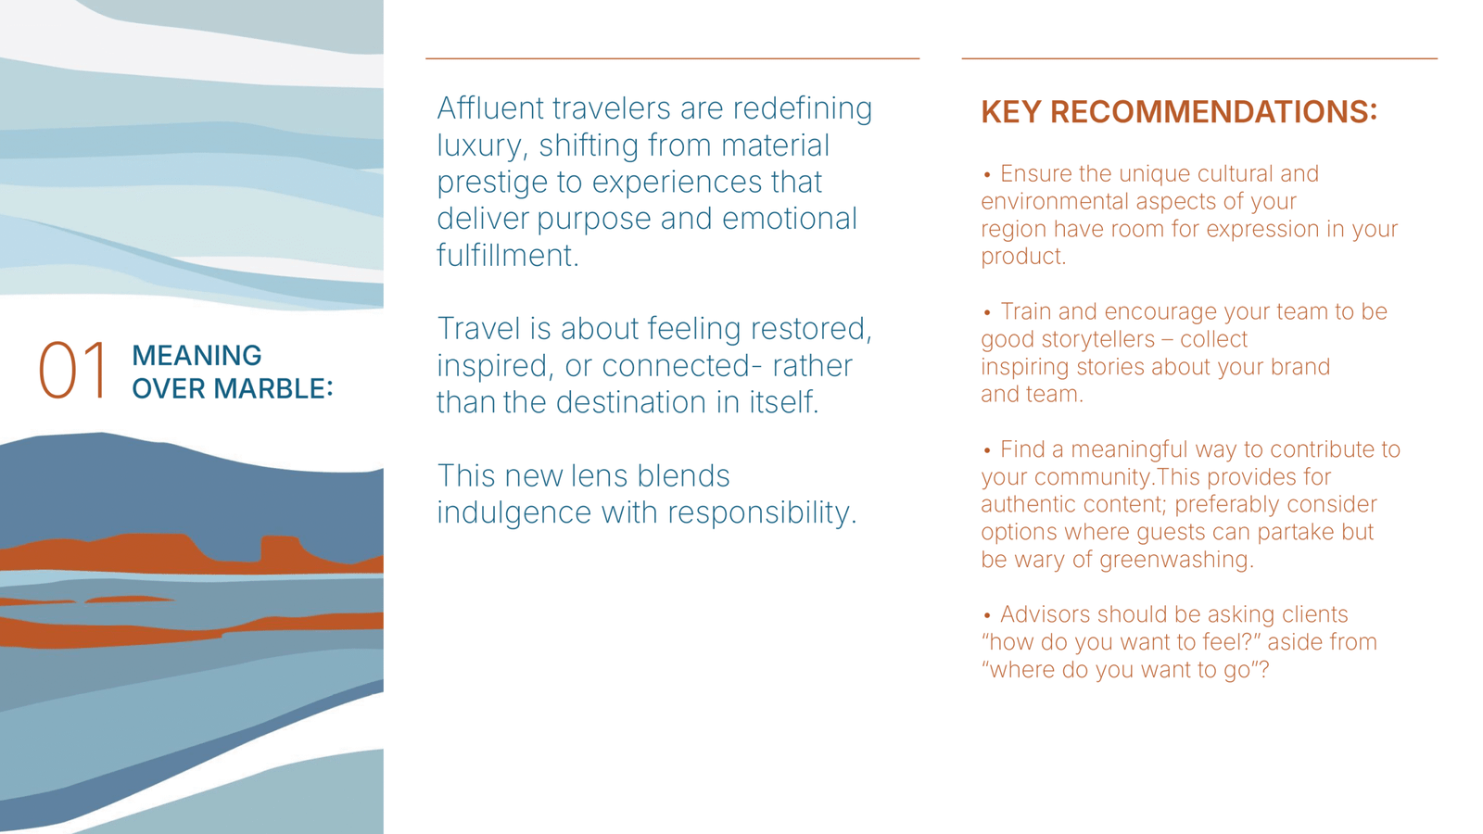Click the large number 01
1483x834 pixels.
72,370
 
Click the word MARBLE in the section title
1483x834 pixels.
273,388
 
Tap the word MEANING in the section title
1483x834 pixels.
196,356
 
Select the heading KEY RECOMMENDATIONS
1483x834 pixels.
1178,111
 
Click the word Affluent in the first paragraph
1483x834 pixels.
490,107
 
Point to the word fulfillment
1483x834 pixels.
508,255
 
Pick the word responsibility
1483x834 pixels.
761,512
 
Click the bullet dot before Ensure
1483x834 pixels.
986,175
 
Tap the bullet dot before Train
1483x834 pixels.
986,313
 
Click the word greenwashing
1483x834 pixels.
1176,560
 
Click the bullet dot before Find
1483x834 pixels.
986,450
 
